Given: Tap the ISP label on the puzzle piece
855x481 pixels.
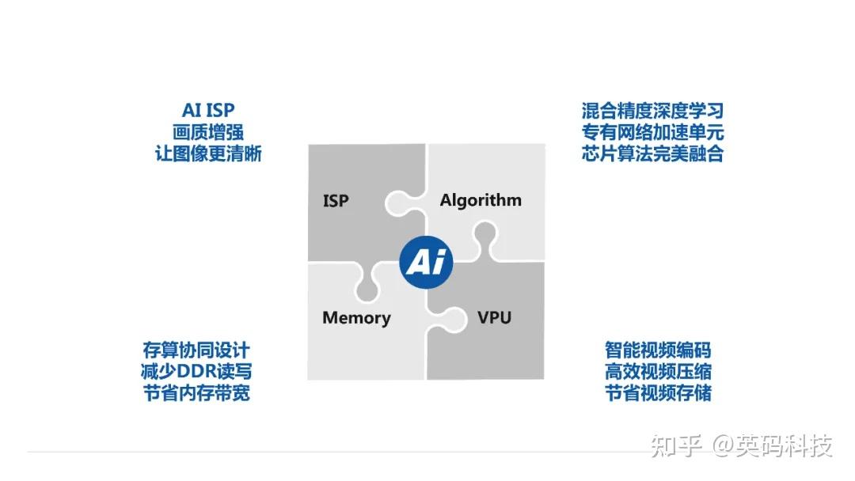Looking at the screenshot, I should coord(336,201).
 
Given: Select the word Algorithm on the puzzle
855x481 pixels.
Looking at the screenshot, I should coord(481,199).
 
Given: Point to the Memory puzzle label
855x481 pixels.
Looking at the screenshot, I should coord(356,318).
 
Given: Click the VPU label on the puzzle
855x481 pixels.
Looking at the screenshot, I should coord(494,318).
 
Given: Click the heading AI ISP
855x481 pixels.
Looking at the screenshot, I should coord(208,111).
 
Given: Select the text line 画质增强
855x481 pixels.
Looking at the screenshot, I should coord(208,132).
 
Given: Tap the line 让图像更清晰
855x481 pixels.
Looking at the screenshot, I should coord(208,153).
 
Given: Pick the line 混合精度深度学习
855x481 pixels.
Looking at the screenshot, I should coord(652,111).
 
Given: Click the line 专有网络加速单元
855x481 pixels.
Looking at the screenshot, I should coord(652,132).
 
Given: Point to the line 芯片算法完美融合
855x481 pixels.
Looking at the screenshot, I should coord(652,153).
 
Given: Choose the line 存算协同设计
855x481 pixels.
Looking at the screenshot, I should coord(196,350).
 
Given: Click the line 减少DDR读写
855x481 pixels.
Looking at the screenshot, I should coord(196,371).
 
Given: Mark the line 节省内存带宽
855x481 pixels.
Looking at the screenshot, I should coord(196,392).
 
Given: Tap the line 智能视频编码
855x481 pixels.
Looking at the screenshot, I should coord(658,350).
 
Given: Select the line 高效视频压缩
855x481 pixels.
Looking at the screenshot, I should coord(658,371).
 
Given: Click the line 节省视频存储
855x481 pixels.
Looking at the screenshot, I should coord(658,392).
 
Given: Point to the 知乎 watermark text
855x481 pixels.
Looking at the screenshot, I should coord(676,446).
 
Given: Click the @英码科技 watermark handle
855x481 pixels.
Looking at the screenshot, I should coord(773,446).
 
